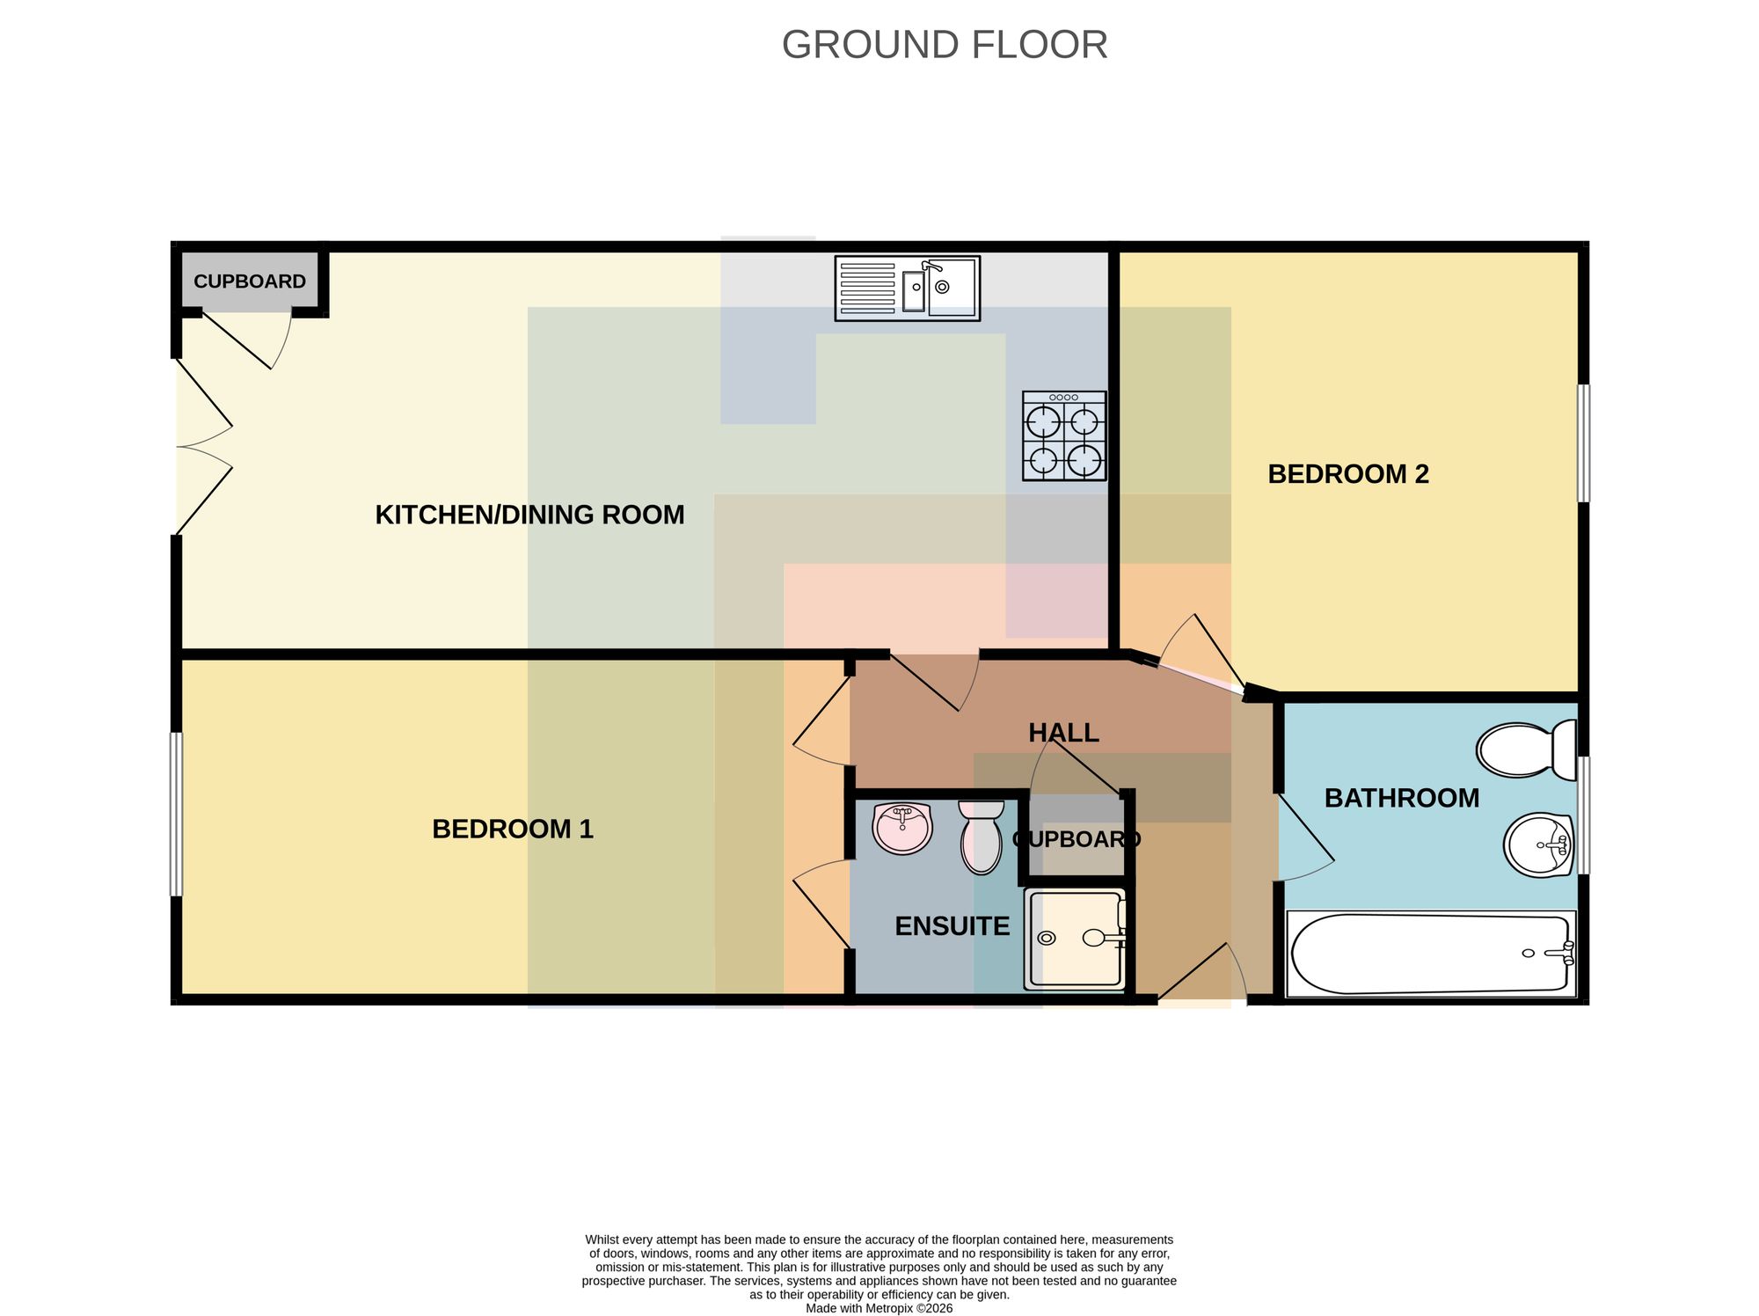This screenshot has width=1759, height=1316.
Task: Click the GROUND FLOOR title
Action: point(945,45)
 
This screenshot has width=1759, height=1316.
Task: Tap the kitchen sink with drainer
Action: point(908,289)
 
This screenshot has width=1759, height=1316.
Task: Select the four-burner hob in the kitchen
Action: point(1064,436)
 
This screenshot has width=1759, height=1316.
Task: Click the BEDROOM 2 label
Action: point(1348,474)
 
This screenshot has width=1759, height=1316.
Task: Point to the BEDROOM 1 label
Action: point(513,829)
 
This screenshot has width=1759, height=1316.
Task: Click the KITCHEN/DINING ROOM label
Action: point(529,515)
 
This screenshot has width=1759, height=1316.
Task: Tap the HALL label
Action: point(1063,733)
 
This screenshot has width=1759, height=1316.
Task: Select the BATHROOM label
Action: point(1402,798)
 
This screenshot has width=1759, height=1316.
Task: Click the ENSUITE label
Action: point(952,926)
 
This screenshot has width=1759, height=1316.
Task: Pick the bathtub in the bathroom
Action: point(1431,954)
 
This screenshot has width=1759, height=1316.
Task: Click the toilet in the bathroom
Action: point(1527,750)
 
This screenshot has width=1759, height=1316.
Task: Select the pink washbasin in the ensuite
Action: point(902,828)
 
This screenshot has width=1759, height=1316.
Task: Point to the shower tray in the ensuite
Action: point(1075,939)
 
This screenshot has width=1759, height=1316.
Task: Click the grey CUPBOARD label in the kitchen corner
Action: point(250,281)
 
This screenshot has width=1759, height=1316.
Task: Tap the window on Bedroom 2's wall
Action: point(1583,443)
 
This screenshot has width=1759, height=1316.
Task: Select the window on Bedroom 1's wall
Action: point(176,815)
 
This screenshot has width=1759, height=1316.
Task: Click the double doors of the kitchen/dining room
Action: point(204,447)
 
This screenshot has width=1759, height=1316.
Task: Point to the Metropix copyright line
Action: point(879,1308)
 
